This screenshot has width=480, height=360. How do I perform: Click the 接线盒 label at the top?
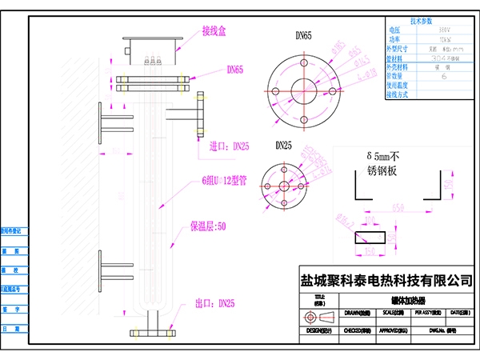(x=214, y=31)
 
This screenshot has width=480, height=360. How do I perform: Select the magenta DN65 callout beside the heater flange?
(x=235, y=70)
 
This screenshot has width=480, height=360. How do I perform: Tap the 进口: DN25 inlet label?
(x=230, y=146)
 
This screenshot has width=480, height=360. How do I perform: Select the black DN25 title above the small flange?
(x=285, y=146)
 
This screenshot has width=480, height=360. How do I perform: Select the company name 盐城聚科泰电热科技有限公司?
(x=386, y=281)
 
